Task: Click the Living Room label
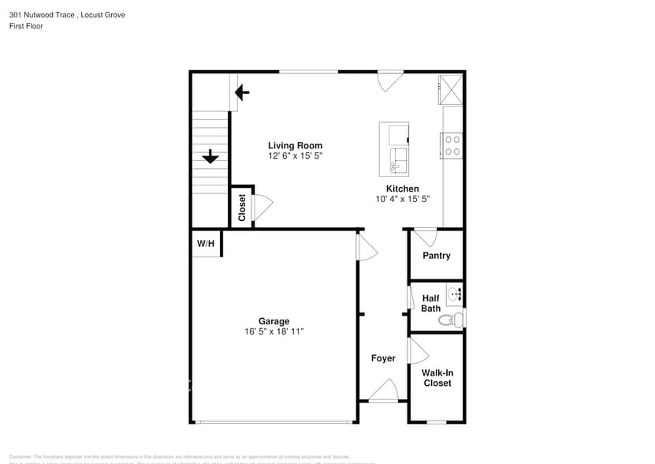pos(295,145)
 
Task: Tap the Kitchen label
pos(402,189)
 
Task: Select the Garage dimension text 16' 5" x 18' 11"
pos(274,332)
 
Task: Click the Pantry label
pos(436,256)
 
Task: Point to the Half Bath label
pos(430,303)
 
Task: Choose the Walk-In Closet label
pos(437,377)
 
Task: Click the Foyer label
pos(383,358)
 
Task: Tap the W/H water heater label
pos(205,244)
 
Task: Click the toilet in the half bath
pos(449,320)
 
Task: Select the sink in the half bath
pos(455,294)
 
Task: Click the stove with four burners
pos(452,144)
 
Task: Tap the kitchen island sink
pos(398,162)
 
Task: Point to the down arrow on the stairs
pos(210,157)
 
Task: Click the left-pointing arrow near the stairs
pos(242,93)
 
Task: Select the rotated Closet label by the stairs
pos(242,208)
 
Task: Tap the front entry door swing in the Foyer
pos(385,390)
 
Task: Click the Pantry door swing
pos(426,236)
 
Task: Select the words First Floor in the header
pos(26,26)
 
